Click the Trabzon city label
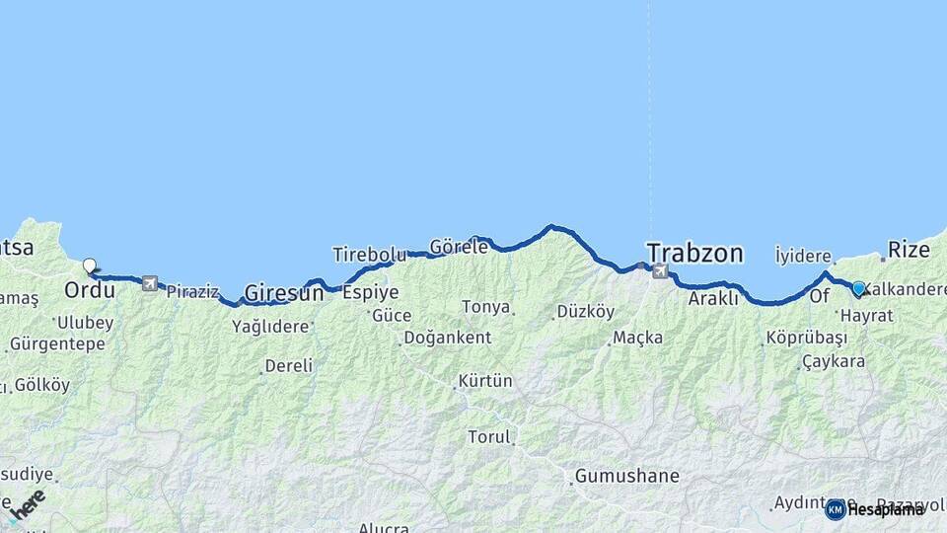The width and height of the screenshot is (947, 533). click(x=694, y=253)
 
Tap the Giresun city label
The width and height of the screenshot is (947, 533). click(x=284, y=292)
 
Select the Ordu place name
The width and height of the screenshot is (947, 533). click(x=90, y=290)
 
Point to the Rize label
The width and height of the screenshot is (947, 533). click(x=909, y=249)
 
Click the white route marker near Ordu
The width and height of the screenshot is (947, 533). click(x=90, y=266)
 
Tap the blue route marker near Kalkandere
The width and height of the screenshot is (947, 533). click(x=858, y=288)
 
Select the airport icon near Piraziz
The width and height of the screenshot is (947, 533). click(x=150, y=284)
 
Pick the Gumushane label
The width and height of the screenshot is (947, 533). click(x=627, y=476)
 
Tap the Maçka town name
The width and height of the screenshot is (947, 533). click(x=637, y=338)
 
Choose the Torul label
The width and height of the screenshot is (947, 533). click(x=489, y=436)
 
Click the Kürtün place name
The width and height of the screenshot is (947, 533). click(x=485, y=380)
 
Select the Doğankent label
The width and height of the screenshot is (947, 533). click(x=447, y=338)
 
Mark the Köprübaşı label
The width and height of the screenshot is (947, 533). click(x=807, y=338)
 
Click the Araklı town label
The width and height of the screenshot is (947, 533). click(x=713, y=297)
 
